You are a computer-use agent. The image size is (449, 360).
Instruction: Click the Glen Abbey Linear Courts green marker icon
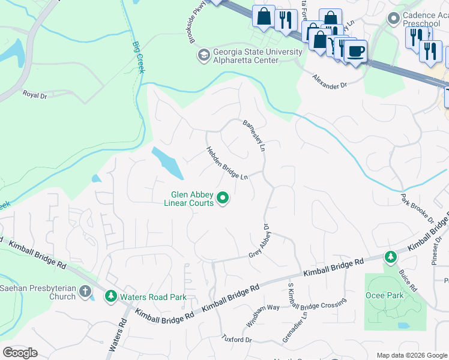point(223,197)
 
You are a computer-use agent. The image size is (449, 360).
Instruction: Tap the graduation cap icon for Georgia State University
point(203,55)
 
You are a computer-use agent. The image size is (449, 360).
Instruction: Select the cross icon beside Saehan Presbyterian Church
point(85,292)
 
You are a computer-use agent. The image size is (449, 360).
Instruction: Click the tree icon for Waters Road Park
point(110,296)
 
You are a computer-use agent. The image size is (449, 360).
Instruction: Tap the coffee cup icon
point(355,51)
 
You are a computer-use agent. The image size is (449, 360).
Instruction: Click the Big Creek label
point(139,58)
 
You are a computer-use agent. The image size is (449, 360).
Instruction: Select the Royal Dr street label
point(34,94)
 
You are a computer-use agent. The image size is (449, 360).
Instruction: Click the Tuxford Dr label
point(237,340)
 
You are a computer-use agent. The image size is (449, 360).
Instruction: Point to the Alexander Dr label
point(330,81)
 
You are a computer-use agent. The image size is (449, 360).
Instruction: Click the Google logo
point(20,353)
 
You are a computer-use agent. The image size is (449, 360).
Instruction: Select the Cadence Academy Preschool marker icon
point(393,17)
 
